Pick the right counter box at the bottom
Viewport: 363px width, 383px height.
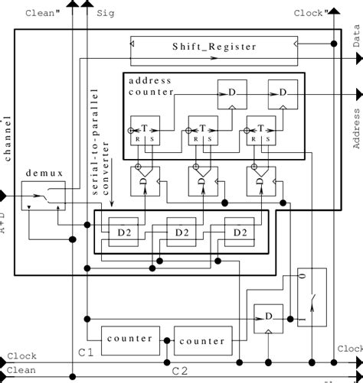(x=201, y=340)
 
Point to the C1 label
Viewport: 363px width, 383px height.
(x=86, y=352)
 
